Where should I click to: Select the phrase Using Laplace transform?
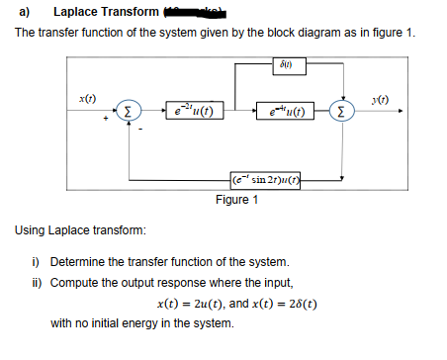(80, 230)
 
